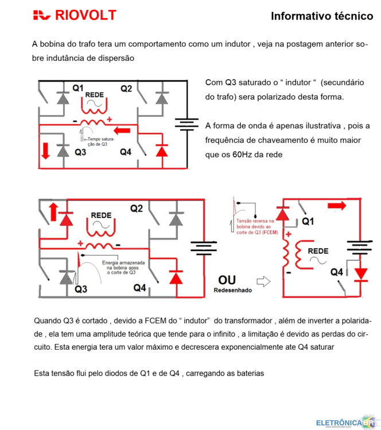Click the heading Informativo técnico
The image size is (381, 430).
(x=321, y=16)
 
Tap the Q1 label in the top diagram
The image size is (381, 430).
(x=78, y=88)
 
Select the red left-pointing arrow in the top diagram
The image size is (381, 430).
(x=124, y=131)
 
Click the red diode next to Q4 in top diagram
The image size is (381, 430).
(x=162, y=151)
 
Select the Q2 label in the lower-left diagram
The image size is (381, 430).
(x=136, y=209)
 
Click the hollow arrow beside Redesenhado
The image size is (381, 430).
(x=263, y=282)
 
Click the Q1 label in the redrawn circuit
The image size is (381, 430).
(x=308, y=221)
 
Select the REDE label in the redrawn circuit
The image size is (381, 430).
(x=318, y=251)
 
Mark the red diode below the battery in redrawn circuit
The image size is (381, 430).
(x=360, y=273)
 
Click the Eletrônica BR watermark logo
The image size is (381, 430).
(x=344, y=423)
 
